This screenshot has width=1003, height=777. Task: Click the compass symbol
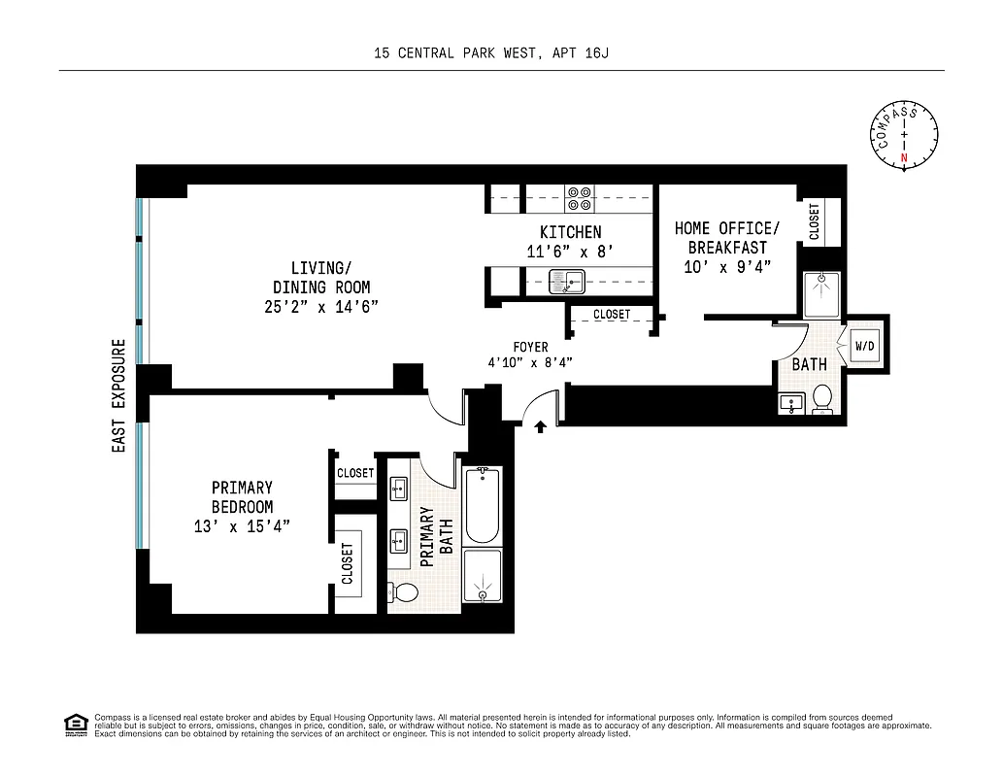[905, 136]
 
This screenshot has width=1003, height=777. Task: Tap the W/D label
[864, 346]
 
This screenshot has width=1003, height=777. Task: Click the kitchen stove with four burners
[580, 198]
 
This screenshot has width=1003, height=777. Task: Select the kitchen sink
[566, 283]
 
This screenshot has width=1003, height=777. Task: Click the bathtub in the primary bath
[483, 505]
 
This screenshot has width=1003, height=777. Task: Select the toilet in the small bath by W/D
[821, 398]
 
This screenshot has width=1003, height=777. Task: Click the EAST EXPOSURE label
[118, 395]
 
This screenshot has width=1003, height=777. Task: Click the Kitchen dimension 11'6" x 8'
[570, 252]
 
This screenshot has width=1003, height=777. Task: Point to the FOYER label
[530, 347]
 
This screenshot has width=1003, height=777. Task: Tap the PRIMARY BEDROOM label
[242, 497]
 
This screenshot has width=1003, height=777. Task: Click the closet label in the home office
[813, 220]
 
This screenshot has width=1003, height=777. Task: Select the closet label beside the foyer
[611, 315]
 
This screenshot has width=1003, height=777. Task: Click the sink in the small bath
[790, 401]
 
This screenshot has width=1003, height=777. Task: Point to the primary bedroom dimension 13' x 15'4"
[242, 526]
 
